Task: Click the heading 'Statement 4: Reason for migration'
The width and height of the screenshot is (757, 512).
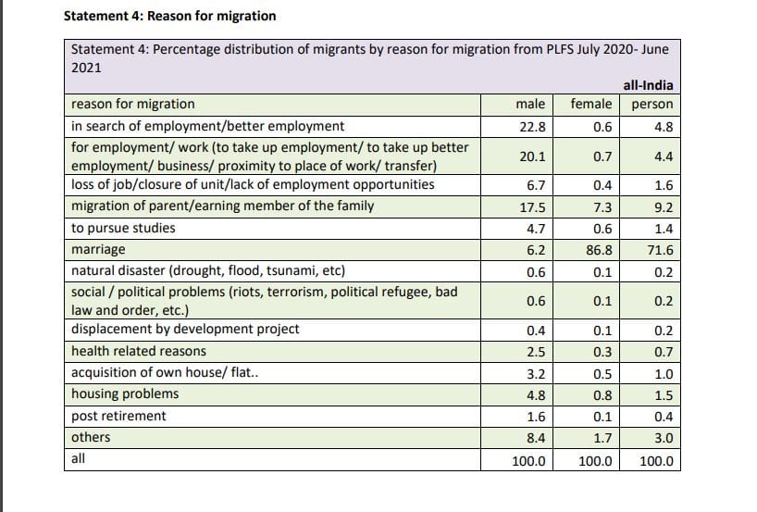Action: point(168,16)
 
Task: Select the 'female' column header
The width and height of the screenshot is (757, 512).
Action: point(590,105)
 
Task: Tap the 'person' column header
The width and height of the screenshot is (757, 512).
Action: point(652,105)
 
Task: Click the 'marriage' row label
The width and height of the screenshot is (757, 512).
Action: point(98,250)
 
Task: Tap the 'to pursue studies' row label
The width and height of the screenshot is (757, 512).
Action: point(123,228)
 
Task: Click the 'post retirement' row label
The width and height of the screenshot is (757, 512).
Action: point(118,416)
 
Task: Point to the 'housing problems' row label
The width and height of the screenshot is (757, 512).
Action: point(125,393)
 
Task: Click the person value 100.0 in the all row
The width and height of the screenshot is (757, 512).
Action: point(656,461)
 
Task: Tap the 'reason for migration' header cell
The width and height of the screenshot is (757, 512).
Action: point(133,105)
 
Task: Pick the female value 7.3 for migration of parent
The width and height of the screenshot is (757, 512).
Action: point(600,206)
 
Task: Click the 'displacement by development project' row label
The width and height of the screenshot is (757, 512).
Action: point(185,330)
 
